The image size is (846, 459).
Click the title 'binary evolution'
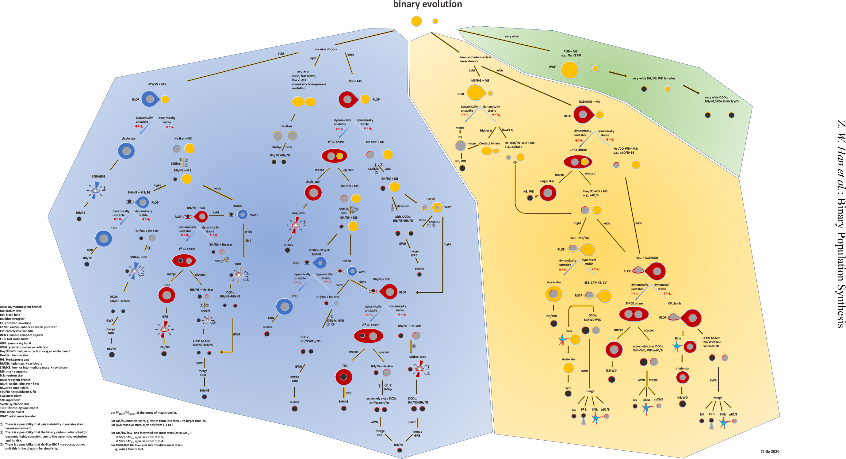click(427, 4)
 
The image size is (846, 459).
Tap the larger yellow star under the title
click(416, 21)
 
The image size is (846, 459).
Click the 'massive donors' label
click(325, 49)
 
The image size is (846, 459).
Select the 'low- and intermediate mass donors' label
click(475, 59)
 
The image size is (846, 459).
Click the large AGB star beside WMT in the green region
click(569, 70)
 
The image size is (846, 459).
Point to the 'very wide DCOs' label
click(721, 99)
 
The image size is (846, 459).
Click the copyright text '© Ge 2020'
click(770, 451)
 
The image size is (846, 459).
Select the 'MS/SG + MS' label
click(157, 84)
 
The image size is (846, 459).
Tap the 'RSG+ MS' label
click(355, 81)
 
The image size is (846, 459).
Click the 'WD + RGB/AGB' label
click(647, 258)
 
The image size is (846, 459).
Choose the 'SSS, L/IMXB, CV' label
click(595, 282)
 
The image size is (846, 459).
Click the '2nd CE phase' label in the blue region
click(370, 325)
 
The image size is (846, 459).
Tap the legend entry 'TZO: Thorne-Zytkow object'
click(19, 408)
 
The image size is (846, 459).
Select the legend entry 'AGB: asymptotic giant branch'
click(21, 307)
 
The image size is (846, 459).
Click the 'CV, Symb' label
click(674, 303)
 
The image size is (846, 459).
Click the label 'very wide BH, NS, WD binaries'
click(653, 78)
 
